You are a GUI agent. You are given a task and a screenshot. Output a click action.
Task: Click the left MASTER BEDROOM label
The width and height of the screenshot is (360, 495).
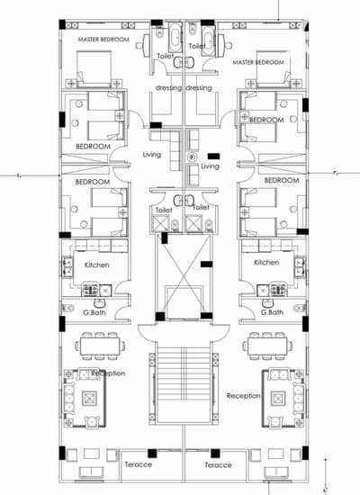(x=103, y=40)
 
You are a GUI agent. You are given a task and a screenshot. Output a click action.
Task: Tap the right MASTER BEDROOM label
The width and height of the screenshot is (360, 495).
(x=258, y=62)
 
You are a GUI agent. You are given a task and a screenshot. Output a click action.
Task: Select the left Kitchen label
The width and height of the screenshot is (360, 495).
(x=97, y=265)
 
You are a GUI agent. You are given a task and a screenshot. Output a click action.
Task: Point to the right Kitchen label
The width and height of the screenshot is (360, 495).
(x=266, y=262)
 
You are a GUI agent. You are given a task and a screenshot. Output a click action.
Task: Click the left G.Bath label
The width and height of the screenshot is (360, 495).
(x=94, y=312)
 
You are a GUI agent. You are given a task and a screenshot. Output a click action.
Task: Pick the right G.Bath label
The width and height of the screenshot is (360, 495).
(x=272, y=312)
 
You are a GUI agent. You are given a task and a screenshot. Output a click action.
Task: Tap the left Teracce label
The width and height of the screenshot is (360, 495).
(x=139, y=464)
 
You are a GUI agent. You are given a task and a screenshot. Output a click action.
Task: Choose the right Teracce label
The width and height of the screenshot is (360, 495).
(x=218, y=465)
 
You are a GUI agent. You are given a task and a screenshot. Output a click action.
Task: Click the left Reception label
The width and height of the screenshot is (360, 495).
(x=108, y=373)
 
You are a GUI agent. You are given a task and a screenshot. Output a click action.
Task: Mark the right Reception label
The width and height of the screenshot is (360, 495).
(x=244, y=396)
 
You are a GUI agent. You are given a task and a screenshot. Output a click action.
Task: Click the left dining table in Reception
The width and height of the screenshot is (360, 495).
(x=100, y=346)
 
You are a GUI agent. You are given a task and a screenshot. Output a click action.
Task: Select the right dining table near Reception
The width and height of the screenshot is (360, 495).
(x=267, y=346)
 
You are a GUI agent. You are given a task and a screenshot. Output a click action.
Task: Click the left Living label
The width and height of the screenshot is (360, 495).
(x=152, y=155)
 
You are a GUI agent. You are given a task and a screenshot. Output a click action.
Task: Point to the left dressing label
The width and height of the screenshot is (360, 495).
(x=168, y=88)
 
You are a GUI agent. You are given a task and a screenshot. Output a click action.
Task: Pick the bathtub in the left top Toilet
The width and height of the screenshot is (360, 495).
(x=175, y=37)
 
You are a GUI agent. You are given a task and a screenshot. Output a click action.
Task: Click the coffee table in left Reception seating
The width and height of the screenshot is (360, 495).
(x=89, y=399)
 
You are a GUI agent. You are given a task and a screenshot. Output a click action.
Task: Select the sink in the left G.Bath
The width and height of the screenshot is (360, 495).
(x=100, y=303)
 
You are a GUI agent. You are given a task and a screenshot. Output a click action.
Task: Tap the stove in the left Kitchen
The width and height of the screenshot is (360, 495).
(x=90, y=290)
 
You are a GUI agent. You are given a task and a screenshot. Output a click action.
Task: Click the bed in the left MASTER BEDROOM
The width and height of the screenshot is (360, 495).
(x=94, y=68)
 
